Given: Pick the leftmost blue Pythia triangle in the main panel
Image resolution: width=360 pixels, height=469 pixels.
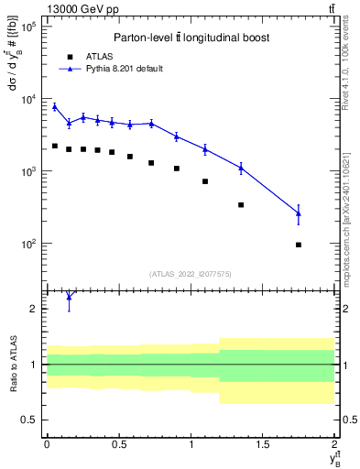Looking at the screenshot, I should (x=54, y=107).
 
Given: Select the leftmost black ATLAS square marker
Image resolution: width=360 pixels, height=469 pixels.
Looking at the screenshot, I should (x=54, y=146).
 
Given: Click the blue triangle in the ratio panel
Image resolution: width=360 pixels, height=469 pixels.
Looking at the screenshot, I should (x=69, y=297).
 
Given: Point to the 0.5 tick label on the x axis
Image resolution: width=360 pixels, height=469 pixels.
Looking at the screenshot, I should (x=118, y=443).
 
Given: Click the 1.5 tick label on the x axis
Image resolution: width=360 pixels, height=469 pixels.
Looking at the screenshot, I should (x=263, y=443).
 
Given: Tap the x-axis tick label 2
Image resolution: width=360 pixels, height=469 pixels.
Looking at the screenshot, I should (x=335, y=443).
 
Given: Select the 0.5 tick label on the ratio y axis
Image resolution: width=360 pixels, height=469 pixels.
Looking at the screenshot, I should (x=32, y=420).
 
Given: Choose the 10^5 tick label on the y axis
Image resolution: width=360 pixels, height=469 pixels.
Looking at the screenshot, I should (x=28, y=27).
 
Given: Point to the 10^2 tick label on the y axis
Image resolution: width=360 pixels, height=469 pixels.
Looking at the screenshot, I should (x=28, y=244).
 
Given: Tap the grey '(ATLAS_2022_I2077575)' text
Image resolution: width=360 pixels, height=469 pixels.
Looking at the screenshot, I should (x=190, y=273).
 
